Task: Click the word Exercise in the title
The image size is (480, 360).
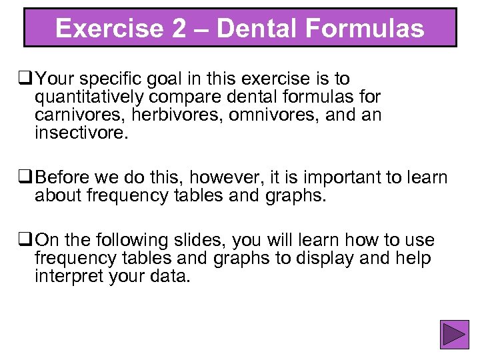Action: click(107, 29)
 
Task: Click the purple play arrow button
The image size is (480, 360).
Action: click(455, 335)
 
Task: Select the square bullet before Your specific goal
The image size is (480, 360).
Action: click(27, 80)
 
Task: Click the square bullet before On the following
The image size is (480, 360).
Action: click(27, 239)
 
